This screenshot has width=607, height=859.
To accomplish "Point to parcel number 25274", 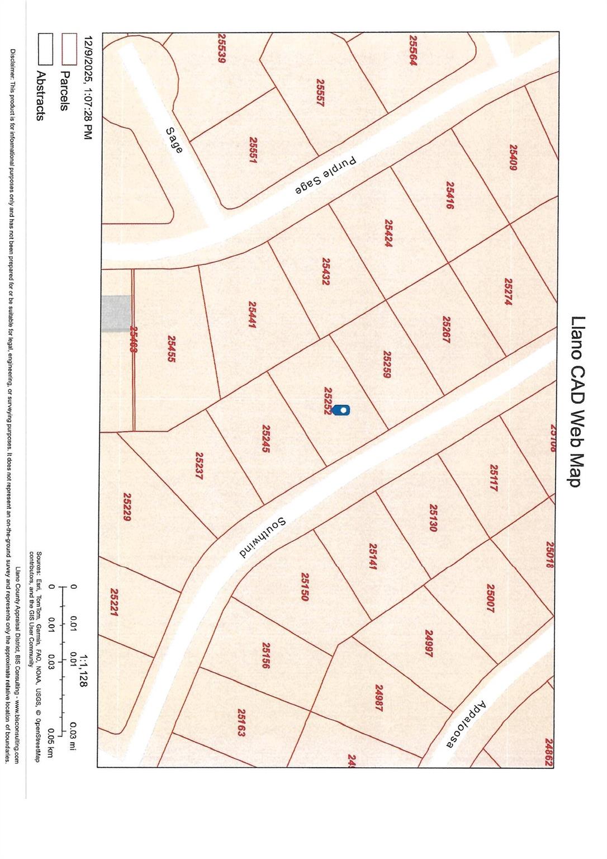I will [508, 291].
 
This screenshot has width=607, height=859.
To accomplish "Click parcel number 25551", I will [253, 150].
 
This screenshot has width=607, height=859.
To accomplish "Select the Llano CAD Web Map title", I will [577, 401].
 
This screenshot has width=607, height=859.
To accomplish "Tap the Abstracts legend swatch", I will [45, 49].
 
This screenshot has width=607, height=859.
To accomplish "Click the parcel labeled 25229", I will [127, 507].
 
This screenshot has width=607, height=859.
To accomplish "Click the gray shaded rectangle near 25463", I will [116, 313].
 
